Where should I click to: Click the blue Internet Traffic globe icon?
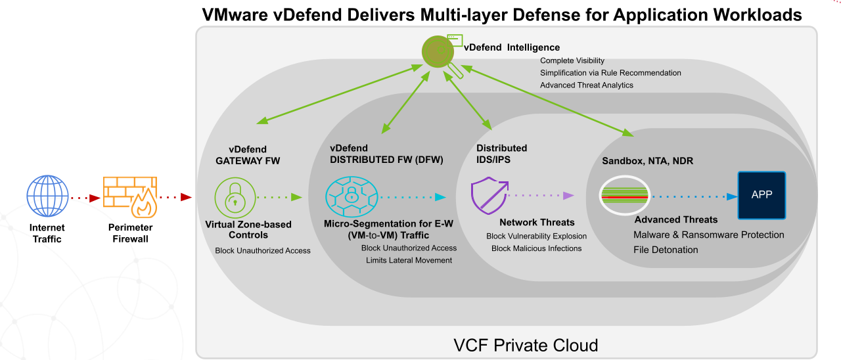tap(47, 196)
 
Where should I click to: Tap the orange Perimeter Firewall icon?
tap(129, 196)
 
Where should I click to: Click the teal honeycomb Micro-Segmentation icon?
tap(352, 196)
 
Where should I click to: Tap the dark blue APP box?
tap(762, 195)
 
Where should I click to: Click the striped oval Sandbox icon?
tap(625, 195)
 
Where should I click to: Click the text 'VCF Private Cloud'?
tap(526, 345)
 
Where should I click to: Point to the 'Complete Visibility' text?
tap(572, 61)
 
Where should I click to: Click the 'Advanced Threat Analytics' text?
tap(586, 85)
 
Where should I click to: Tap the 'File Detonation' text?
tap(666, 250)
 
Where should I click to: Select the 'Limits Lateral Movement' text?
tap(409, 260)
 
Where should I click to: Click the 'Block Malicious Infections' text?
tap(536, 248)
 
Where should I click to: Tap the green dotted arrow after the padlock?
tap(279, 196)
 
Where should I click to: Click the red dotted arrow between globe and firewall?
tap(83, 196)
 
